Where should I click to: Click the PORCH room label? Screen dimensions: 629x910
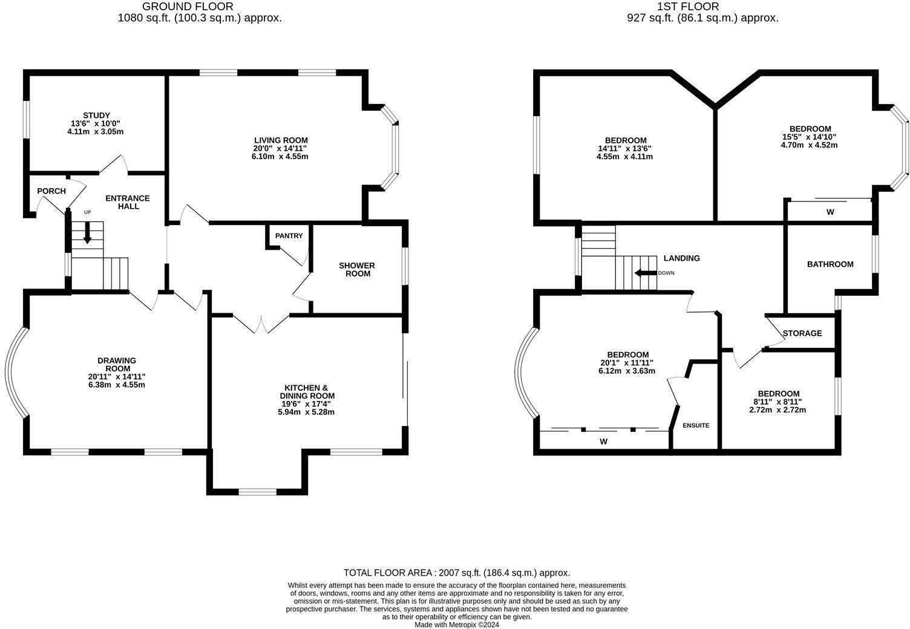pyautogui.click(x=51, y=191)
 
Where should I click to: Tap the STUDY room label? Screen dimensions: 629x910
pyautogui.click(x=96, y=116)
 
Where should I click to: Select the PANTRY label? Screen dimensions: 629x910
pyautogui.click(x=289, y=236)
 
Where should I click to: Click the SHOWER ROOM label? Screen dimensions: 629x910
pyautogui.click(x=356, y=270)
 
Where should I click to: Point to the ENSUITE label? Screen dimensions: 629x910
pyautogui.click(x=696, y=425)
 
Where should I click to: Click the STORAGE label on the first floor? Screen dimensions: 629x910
pyautogui.click(x=802, y=333)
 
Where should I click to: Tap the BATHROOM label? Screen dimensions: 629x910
pyautogui.click(x=830, y=264)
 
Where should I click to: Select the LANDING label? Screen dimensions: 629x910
pyautogui.click(x=681, y=258)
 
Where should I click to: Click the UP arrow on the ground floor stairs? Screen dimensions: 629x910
pyautogui.click(x=87, y=232)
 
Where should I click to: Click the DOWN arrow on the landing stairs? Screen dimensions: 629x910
pyautogui.click(x=645, y=273)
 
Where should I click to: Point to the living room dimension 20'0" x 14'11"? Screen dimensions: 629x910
pyautogui.click(x=281, y=148)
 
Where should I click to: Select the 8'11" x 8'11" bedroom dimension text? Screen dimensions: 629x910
pyautogui.click(x=777, y=402)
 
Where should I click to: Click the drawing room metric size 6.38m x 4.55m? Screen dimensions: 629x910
pyautogui.click(x=116, y=385)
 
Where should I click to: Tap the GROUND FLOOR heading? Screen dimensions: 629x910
pyautogui.click(x=187, y=7)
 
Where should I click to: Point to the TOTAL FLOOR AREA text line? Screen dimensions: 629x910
pyautogui.click(x=456, y=572)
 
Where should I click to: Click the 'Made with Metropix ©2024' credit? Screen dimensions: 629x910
pyautogui.click(x=456, y=625)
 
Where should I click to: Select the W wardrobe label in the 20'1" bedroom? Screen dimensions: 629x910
pyautogui.click(x=603, y=442)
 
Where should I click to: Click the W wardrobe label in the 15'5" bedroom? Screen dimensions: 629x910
pyautogui.click(x=830, y=212)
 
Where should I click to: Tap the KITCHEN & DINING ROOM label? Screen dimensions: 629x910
pyautogui.click(x=306, y=392)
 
